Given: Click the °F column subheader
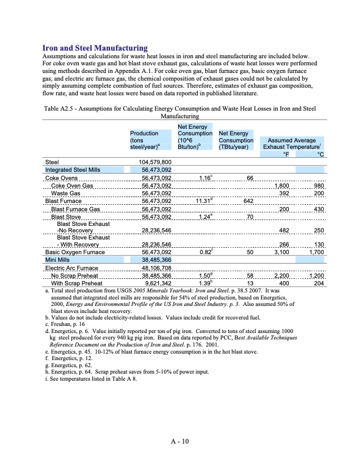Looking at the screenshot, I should point(285,154).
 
